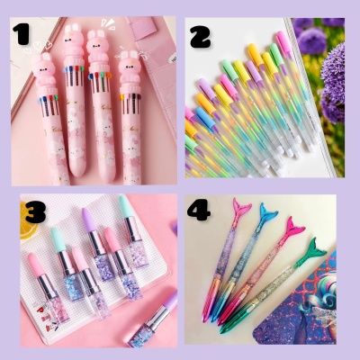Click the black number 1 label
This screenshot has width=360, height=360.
point(22,34)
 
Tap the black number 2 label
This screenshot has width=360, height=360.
point(201,36)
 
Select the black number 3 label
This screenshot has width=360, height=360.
point(35,211)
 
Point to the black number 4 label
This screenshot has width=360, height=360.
point(198,209)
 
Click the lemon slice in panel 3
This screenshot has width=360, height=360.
point(28,221)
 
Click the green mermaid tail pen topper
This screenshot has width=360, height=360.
point(312,250)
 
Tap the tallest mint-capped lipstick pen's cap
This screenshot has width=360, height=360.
point(126,206)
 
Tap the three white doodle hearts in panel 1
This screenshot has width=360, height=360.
point(37,46)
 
